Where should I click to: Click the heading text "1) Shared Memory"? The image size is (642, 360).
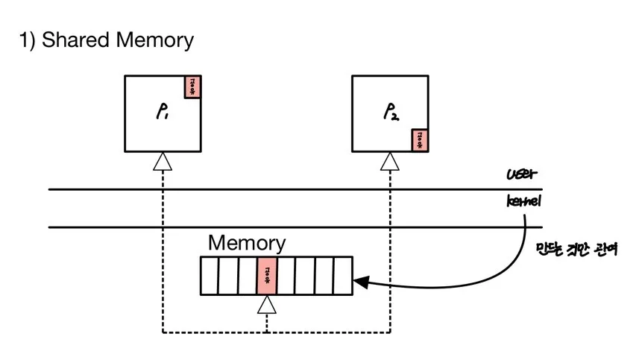(106, 40)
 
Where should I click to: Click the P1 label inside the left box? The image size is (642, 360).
(162, 114)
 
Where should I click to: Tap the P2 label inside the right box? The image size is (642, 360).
(391, 114)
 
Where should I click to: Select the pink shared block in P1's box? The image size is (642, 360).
(192, 86)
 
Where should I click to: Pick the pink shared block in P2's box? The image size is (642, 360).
(420, 139)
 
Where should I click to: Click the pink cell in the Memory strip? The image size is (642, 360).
(266, 277)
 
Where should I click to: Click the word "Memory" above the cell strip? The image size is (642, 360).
(246, 243)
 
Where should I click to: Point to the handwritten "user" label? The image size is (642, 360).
(521, 177)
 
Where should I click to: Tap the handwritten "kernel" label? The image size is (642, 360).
(524, 202)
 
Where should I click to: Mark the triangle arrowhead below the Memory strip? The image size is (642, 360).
(266, 303)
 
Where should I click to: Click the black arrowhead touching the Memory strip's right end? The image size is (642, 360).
(361, 282)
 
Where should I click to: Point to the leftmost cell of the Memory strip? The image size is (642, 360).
(210, 277)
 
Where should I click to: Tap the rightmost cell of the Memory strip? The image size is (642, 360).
(342, 277)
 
